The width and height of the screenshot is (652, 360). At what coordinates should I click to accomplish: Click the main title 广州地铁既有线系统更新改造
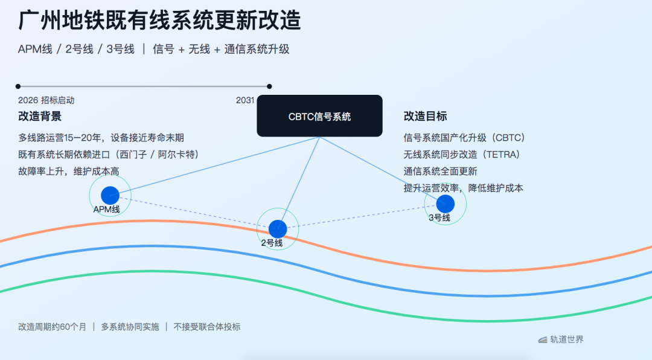pos(159,21)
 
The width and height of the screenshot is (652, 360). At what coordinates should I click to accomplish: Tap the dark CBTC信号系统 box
pos(319,116)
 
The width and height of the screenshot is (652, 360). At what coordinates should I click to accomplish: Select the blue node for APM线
pos(110,195)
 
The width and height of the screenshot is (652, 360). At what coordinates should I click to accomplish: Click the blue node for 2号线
pos(278,229)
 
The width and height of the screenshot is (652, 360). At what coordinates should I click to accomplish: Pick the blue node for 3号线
pos(446,204)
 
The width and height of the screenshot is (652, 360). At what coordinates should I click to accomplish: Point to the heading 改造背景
pos(40,116)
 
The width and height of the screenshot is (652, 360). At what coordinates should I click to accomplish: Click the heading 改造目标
pos(425,116)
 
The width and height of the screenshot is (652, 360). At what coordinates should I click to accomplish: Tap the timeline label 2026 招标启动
pos(46,100)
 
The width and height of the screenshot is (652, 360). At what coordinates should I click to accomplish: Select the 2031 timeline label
pos(245,100)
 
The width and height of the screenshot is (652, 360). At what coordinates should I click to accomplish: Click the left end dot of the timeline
pos(18,86)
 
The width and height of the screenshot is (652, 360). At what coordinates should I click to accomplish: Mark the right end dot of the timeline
pos(269,86)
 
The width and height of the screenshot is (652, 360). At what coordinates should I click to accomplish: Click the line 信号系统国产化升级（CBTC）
pos(464,138)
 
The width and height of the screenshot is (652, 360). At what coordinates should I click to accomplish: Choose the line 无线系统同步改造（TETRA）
pos(462,155)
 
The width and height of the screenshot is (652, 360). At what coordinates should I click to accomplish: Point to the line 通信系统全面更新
pos(440,172)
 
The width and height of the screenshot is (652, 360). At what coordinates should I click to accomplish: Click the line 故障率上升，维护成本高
pos(69,172)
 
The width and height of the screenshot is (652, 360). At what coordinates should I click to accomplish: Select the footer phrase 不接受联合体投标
pos(206,327)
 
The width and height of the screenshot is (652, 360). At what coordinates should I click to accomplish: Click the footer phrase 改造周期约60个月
pos(53,327)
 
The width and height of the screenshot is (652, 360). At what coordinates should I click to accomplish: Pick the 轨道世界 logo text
pos(566,339)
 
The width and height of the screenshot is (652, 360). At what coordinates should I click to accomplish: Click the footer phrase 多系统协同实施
pos(130,327)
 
